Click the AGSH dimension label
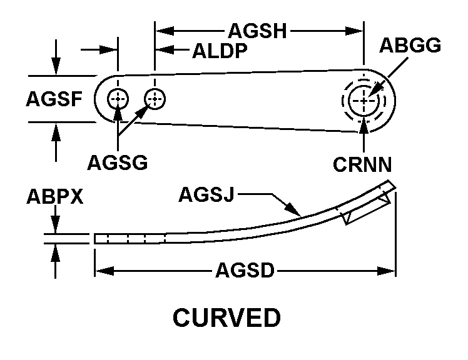point(258,30)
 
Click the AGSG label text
point(117,163)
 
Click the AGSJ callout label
point(206,195)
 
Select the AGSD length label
point(245,271)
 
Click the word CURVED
point(226,319)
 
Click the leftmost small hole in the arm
point(117,99)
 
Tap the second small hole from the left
point(155,98)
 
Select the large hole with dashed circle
point(365,100)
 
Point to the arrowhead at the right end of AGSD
point(389,271)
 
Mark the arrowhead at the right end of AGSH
point(357,29)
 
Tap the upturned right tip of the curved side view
point(390,186)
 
